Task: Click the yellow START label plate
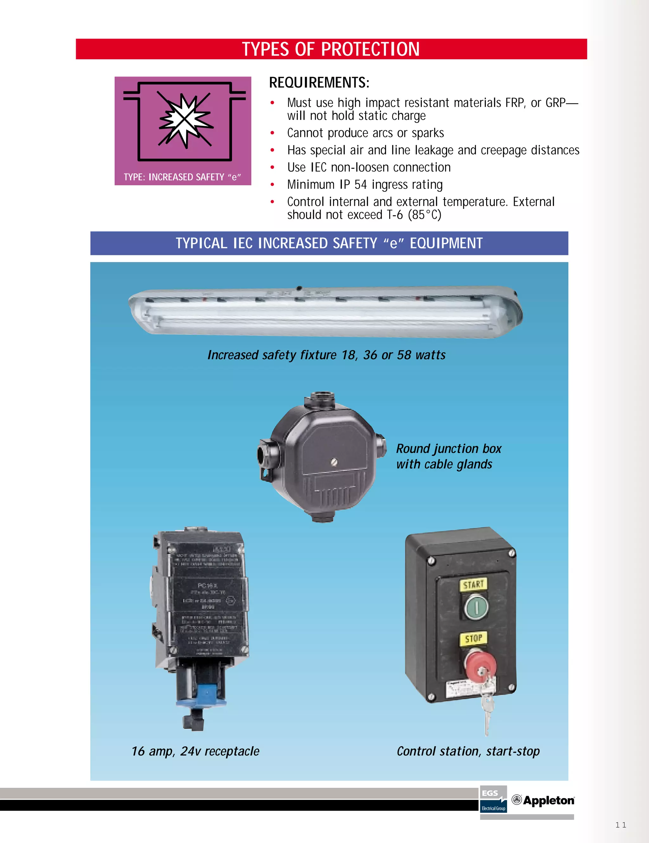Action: pos(473,585)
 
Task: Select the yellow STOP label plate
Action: pos(473,639)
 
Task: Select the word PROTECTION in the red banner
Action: pos(370,49)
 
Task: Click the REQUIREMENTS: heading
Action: pos(319,83)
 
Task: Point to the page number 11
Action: pos(620,825)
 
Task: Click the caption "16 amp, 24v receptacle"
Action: pos(195,751)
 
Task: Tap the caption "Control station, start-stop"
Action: pos(468,751)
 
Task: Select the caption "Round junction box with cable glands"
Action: pos(448,456)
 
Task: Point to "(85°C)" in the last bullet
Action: pos(424,215)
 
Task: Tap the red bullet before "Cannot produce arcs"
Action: pos(273,133)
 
